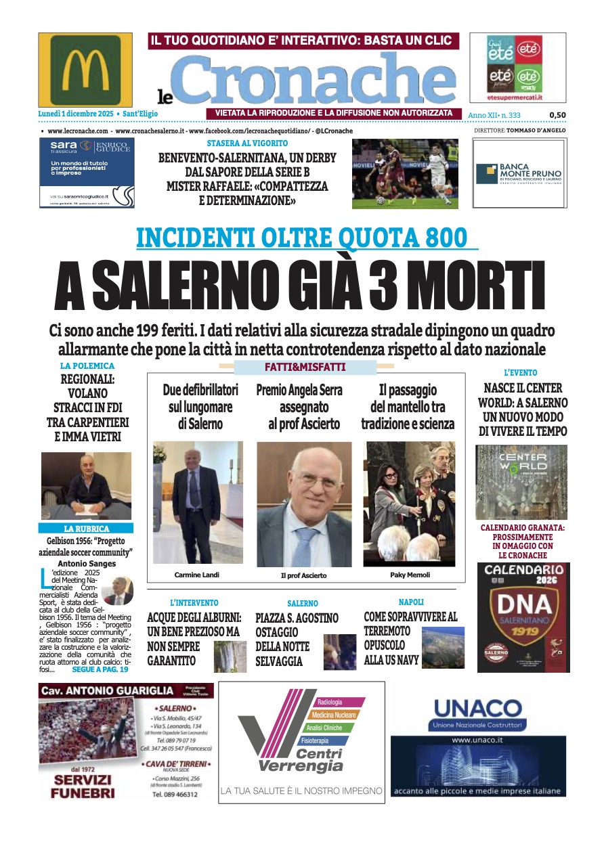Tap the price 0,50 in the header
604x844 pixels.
(557, 116)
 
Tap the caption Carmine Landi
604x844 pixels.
(196, 575)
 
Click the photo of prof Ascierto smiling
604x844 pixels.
(304, 504)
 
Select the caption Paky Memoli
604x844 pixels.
(410, 575)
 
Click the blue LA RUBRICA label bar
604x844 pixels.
(86, 528)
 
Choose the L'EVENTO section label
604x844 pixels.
(521, 372)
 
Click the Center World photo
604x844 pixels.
(521, 481)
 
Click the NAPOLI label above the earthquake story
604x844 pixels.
(411, 601)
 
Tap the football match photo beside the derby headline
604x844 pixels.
(405, 173)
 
